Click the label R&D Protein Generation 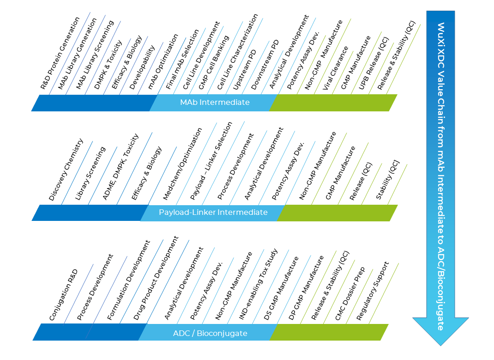60,53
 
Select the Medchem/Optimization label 182,164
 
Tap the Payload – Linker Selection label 211,160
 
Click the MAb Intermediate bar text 215,102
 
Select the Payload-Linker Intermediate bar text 213,212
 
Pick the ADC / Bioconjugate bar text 210,333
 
